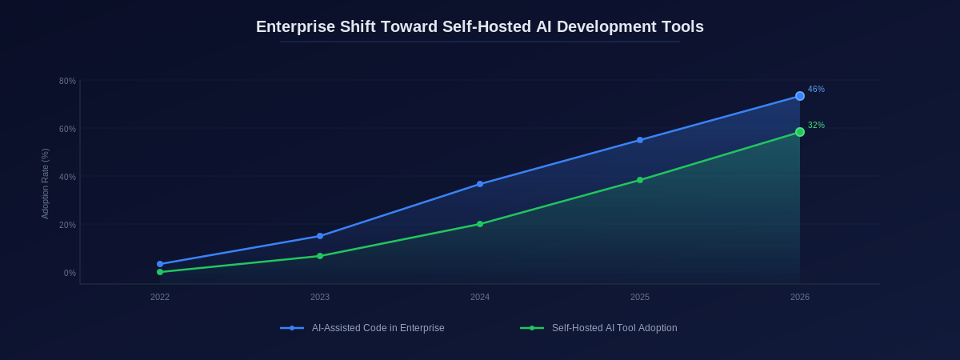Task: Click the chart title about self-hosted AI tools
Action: (480, 26)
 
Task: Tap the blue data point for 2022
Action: (160, 264)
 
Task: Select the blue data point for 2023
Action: (320, 236)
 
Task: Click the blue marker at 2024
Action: (480, 184)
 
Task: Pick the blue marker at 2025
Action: (640, 140)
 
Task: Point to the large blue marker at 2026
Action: (800, 96)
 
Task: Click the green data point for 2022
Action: (160, 272)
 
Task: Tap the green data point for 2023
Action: (320, 256)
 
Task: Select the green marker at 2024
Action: (480, 224)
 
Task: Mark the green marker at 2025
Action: (640, 180)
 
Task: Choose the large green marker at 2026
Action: (800, 132)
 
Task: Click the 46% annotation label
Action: (816, 90)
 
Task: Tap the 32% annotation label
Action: (816, 126)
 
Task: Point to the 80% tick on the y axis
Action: (67, 81)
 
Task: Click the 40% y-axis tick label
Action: (67, 177)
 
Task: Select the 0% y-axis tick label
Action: (70, 273)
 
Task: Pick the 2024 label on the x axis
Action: (480, 297)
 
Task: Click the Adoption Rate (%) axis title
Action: (45, 184)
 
